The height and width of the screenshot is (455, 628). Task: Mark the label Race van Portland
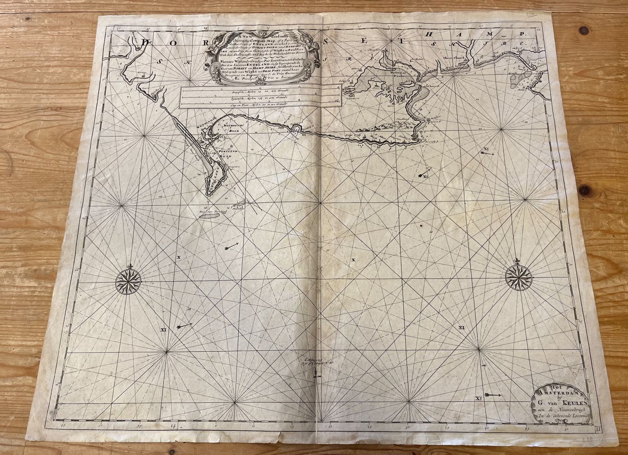tap(210, 212)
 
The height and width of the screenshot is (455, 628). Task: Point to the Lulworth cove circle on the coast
tap(297, 130)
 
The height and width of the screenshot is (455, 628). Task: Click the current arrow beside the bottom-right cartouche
tap(493, 394)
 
